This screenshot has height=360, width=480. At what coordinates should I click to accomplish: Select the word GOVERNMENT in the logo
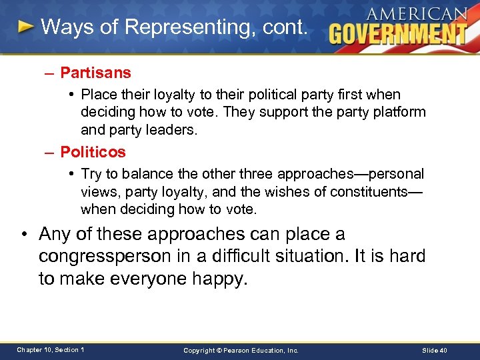coord(398,33)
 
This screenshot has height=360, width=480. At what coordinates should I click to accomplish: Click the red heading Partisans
coord(95,72)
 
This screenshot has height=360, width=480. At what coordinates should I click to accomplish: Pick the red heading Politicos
coord(93,152)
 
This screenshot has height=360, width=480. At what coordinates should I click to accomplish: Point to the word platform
coord(401,112)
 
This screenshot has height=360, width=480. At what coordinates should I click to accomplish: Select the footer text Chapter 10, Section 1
coord(51,350)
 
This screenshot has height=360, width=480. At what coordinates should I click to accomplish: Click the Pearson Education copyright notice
coord(241,350)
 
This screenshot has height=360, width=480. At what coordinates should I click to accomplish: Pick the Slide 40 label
coord(435,350)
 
